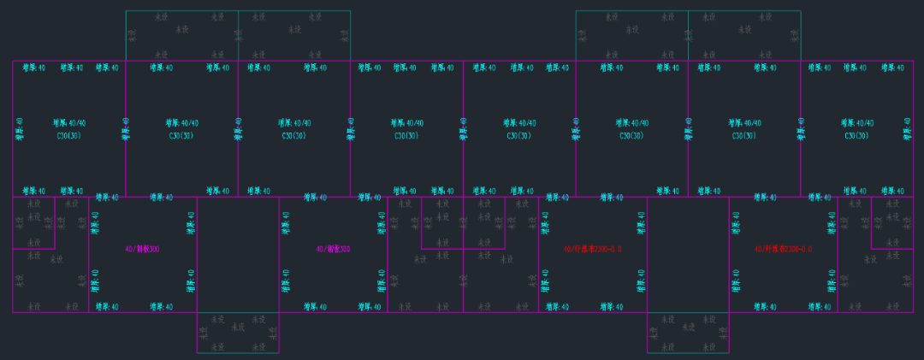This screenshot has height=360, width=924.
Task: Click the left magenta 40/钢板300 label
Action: tap(142, 250)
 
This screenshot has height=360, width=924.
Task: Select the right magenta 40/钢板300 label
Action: tap(333, 250)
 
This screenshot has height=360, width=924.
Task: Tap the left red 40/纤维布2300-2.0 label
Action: tap(592, 250)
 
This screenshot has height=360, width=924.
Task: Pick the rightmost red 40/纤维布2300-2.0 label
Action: tap(783, 250)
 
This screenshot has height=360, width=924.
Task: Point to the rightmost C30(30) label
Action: tap(857, 136)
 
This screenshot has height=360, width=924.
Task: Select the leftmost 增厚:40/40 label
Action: tap(69, 123)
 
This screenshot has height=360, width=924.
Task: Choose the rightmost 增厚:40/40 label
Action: tap(856, 123)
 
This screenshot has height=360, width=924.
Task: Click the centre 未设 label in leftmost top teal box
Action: tap(181, 29)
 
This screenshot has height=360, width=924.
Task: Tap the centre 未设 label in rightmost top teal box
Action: tap(744, 29)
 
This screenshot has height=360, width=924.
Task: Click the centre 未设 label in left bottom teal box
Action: tap(239, 329)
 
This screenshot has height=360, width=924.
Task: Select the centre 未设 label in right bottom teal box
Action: tap(689, 329)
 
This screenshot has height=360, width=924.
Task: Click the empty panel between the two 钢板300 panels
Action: tap(238, 255)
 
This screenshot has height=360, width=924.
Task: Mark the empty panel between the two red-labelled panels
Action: tap(688, 255)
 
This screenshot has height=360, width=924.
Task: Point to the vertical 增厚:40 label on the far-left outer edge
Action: tap(19, 129)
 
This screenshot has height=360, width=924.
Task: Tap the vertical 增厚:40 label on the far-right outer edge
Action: tap(907, 129)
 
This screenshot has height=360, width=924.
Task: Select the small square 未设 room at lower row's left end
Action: tap(33, 222)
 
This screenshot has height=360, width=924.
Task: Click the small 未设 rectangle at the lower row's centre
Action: tap(463, 222)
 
